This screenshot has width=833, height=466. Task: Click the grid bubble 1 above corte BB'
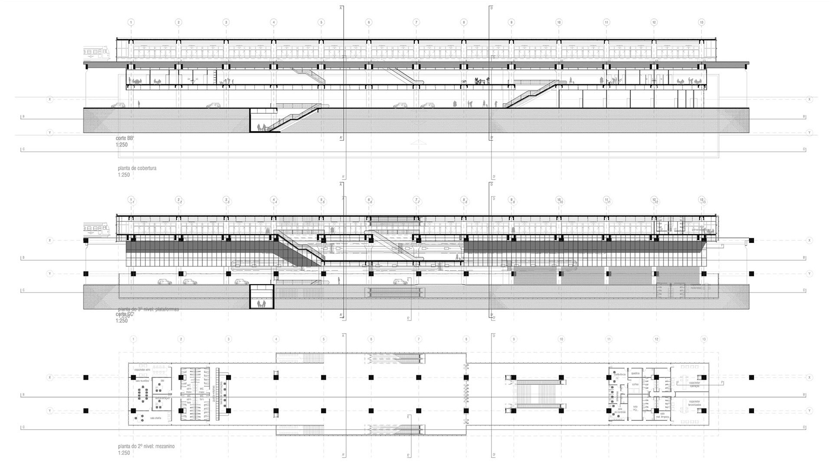point(131,22)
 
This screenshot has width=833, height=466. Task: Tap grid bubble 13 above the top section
point(702,22)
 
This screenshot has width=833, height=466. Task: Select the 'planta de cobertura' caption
point(137,168)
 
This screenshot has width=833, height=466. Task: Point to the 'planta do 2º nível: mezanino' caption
point(146,446)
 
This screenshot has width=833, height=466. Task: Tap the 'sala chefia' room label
point(155,418)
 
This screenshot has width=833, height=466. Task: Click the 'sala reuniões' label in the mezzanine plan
point(142,381)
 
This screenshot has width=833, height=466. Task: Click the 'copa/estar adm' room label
point(142,370)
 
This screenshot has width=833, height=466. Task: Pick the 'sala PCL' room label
point(635,408)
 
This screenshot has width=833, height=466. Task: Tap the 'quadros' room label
point(636,373)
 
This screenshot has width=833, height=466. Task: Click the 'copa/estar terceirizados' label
point(695,404)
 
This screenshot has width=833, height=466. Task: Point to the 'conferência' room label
point(620,374)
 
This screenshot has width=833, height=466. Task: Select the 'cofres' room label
point(635,384)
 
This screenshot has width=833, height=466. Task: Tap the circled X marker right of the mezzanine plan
point(809,377)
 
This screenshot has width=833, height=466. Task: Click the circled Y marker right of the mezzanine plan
point(809,410)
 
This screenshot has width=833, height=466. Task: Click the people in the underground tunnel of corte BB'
point(261,127)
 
